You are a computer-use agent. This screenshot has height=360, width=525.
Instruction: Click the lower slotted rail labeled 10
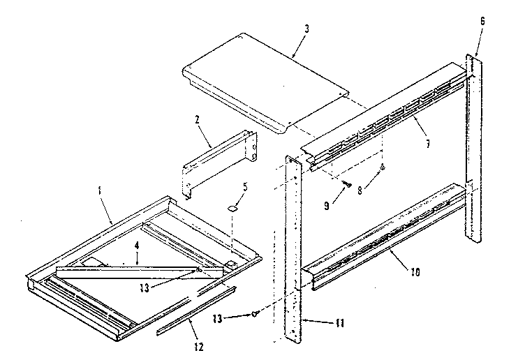coord(384,234)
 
